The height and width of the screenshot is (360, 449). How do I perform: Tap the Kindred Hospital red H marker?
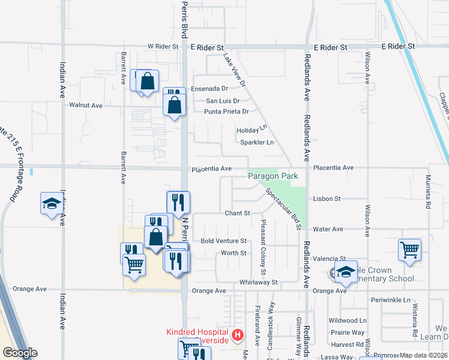point(238,334)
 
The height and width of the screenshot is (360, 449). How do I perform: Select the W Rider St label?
point(163,46)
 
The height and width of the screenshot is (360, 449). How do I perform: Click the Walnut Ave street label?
point(86,105)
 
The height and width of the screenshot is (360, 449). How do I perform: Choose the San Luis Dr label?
point(223,101)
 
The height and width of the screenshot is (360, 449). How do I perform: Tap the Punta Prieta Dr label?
point(226,112)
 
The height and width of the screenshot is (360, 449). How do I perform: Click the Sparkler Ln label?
point(257,143)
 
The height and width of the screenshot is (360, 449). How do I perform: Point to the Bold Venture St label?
point(223,241)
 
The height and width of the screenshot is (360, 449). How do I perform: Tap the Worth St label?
point(234,253)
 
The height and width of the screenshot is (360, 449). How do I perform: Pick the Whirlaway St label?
point(259,282)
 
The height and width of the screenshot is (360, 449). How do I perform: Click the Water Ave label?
point(328,229)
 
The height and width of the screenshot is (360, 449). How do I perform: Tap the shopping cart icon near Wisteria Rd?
point(409,250)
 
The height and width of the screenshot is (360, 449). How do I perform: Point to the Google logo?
point(20,353)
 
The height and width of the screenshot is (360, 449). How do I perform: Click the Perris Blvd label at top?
point(184,18)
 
